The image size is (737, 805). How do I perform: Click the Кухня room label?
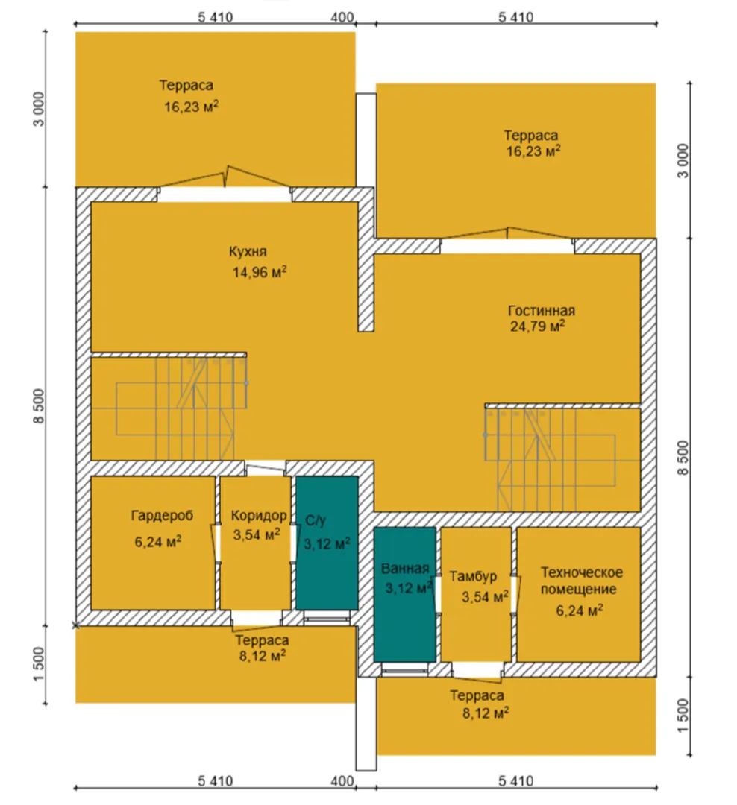pyautogui.click(x=248, y=252)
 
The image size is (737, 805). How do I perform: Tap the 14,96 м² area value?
pyautogui.click(x=260, y=271)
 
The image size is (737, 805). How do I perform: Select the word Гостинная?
pyautogui.click(x=541, y=311)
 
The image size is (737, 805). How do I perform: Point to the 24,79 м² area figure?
pyautogui.click(x=538, y=326)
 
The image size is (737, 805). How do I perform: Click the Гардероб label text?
pyautogui.click(x=162, y=515)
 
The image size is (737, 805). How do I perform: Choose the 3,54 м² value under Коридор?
pyautogui.click(x=257, y=534)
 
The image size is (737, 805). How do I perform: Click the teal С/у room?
pyautogui.click(x=327, y=543)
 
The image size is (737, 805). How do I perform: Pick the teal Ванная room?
pyautogui.click(x=405, y=595)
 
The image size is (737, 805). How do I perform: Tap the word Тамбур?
pyautogui.click(x=474, y=576)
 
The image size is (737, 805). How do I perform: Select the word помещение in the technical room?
pyautogui.click(x=578, y=589)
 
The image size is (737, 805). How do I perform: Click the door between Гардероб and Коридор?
pyautogui.click(x=216, y=543)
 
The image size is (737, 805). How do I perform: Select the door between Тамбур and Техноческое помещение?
pyautogui.click(x=515, y=595)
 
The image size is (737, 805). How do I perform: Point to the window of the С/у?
pyautogui.click(x=326, y=618)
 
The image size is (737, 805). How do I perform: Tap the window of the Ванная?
pyautogui.click(x=405, y=669)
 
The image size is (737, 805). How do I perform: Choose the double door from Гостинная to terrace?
pyautogui.click(x=507, y=239)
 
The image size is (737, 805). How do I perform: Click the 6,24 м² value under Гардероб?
pyautogui.click(x=158, y=541)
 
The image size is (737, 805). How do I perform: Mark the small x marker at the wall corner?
pyautogui.click(x=75, y=625)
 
